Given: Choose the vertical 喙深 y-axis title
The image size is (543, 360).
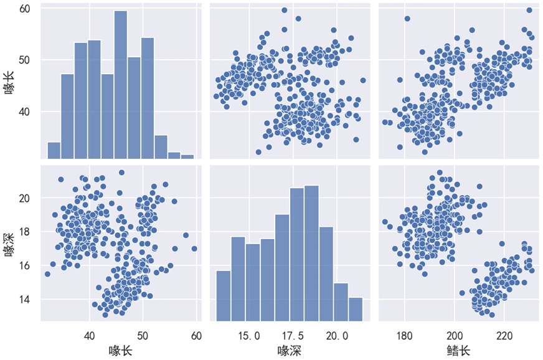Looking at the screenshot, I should (9, 243).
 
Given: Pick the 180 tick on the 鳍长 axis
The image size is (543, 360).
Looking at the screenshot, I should (404, 336).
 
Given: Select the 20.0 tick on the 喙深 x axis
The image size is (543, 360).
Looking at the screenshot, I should (337, 336).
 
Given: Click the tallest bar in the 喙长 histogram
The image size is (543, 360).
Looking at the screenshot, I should (121, 84).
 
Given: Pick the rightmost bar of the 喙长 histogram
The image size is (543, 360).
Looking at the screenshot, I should (187, 156).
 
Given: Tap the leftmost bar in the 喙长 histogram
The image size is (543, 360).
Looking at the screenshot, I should (54, 150).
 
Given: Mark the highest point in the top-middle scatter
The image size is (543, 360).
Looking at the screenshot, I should (285, 10).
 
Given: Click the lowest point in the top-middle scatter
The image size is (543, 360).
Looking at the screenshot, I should (258, 152).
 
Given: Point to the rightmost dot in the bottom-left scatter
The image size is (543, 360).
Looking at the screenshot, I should (194, 249).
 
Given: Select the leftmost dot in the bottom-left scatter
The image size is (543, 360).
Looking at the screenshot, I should (47, 274).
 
